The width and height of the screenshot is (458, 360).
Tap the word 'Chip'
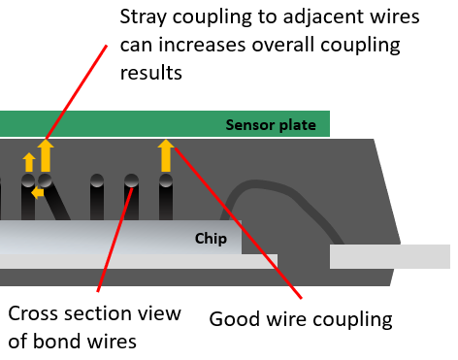pyautogui.click(x=211, y=238)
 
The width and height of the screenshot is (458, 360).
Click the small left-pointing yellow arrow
pyautogui.click(x=36, y=192)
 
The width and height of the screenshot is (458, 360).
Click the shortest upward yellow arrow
pyautogui.click(x=28, y=162)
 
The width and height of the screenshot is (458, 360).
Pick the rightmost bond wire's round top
pyautogui.click(x=166, y=180)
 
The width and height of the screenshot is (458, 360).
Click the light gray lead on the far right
pyautogui.click(x=388, y=256)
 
